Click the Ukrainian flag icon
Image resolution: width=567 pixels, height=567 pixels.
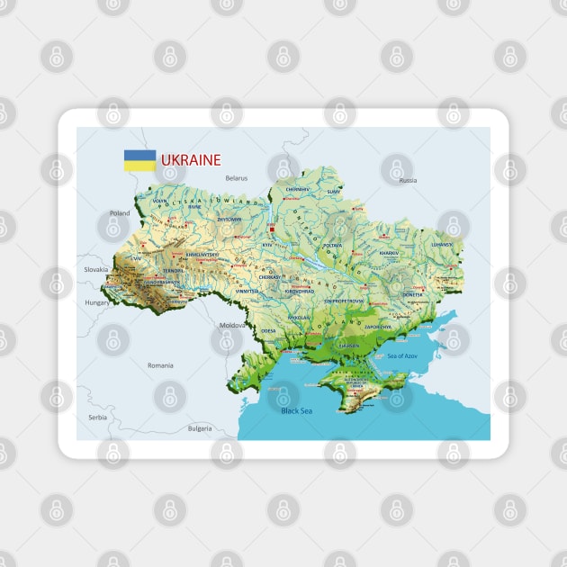coord(139,161)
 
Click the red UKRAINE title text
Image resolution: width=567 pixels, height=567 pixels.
coord(191,160)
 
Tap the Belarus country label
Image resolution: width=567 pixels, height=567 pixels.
coord(237,178)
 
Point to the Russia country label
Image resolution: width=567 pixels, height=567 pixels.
coord(408,180)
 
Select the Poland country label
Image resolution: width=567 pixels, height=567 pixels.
coord(120,213)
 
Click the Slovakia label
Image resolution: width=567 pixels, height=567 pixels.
coord(95,269)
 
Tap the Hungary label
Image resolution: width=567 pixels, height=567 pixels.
coord(97,303)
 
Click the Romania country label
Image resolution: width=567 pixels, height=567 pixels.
coord(160,365)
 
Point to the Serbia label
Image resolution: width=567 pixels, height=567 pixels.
coord(97,418)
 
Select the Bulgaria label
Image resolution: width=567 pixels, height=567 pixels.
coord(200,428)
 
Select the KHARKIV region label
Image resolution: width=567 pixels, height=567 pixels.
coord(389,254)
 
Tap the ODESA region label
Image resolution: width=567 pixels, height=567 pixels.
coord(269,330)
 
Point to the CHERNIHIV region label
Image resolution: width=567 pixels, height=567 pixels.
coord(297,190)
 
